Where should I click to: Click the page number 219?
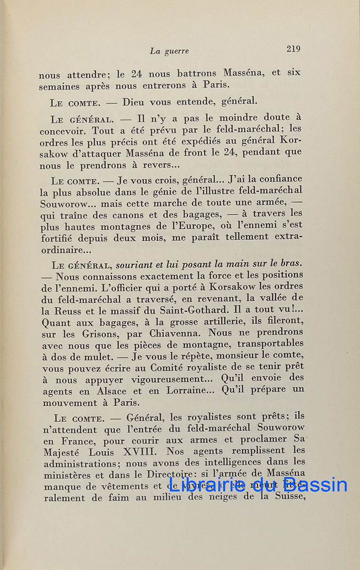pos(293,49)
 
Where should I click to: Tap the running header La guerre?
pos(169,51)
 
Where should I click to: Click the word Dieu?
pos(134,102)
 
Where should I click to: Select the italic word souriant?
pos(135,264)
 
